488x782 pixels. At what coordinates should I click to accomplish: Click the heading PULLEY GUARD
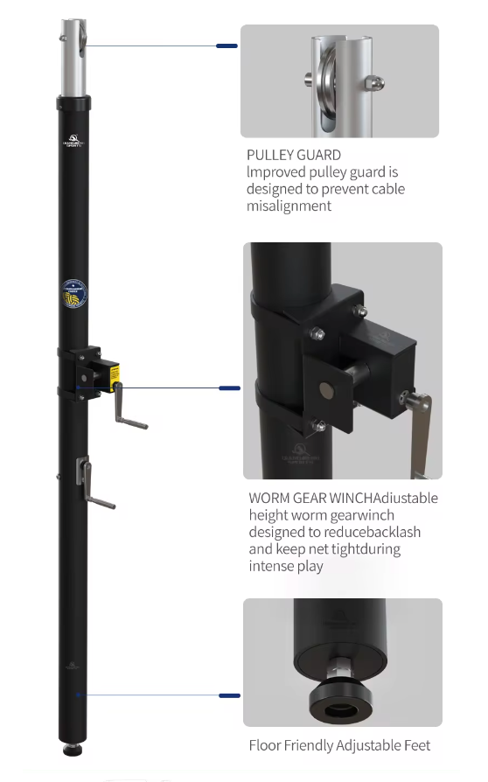[294, 155]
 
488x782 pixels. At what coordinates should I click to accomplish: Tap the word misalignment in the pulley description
[289, 206]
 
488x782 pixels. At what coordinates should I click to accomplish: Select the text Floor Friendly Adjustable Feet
[339, 745]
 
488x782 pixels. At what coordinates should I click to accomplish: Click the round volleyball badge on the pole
[74, 294]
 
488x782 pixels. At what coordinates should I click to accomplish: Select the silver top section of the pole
[73, 58]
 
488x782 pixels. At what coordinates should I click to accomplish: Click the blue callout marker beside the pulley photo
[227, 45]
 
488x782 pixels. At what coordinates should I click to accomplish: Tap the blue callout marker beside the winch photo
[230, 388]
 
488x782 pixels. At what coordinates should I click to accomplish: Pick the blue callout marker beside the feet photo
[230, 695]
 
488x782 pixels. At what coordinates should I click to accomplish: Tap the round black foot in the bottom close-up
[341, 700]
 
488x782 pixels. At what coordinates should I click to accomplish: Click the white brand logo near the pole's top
[73, 141]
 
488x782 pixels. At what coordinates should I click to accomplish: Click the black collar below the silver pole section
[73, 103]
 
